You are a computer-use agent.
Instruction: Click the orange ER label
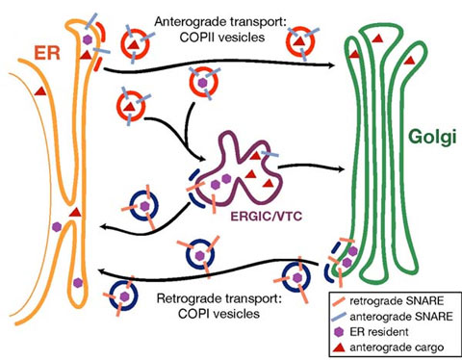point(47,53)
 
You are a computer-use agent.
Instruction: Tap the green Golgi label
point(432,137)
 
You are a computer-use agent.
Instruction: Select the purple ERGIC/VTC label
point(267,216)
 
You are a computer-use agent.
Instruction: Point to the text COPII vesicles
point(222,38)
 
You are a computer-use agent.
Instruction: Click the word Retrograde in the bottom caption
point(192,298)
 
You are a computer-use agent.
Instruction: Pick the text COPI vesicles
point(218,314)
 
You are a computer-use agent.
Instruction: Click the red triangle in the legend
point(340,347)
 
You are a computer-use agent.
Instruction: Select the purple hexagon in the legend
point(339,332)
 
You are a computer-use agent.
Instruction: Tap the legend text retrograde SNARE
point(397,301)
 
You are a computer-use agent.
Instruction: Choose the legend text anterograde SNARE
point(401,317)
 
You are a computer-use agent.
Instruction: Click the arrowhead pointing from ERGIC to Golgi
point(340,168)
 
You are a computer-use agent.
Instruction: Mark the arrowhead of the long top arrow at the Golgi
point(330,65)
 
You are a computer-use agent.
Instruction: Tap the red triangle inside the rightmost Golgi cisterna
point(409,60)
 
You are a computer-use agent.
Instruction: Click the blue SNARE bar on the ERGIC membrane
point(269,154)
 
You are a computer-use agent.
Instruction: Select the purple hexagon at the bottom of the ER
point(78,283)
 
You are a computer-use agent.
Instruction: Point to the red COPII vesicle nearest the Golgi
point(300,42)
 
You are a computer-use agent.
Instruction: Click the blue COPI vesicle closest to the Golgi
point(296,277)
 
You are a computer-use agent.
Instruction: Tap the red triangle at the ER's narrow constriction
point(76,212)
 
